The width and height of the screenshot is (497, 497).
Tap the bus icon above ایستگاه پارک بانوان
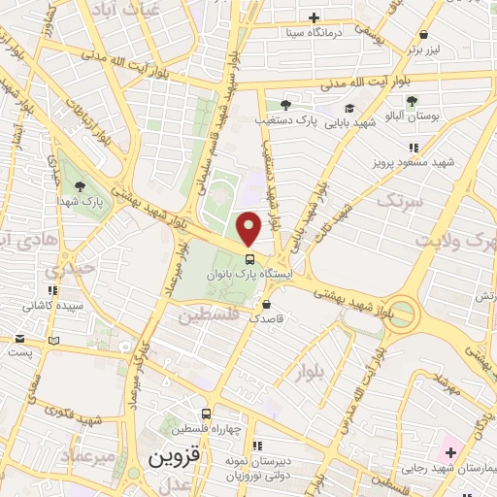(x=250, y=259)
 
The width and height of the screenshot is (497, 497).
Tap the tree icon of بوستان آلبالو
(x=412, y=101)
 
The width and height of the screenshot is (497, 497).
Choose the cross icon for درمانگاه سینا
(x=314, y=17)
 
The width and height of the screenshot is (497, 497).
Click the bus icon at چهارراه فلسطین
(x=205, y=413)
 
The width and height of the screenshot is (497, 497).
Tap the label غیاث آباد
(x=116, y=9)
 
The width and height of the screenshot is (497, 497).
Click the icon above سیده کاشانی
(x=52, y=290)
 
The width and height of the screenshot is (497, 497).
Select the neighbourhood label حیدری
(x=76, y=268)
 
